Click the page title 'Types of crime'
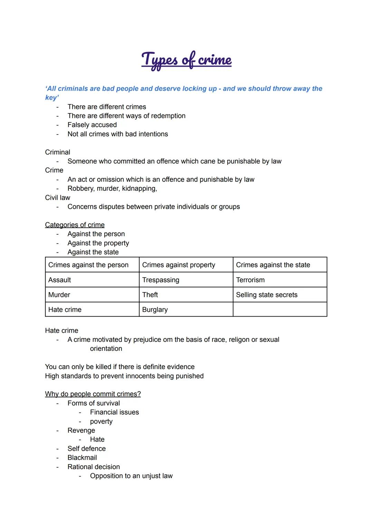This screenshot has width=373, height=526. coord(186,60)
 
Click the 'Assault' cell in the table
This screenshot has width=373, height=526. coord(60,280)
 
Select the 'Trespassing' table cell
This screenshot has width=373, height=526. coord(161,280)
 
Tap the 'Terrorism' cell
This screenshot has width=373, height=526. coord(250,280)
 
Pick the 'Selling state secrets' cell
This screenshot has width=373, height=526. coord(266,295)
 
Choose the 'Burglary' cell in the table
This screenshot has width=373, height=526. coord(155,309)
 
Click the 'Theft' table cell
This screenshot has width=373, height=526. coord(150,295)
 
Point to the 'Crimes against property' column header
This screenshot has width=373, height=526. coord(179,265)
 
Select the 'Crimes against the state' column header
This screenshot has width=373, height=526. coord(273,265)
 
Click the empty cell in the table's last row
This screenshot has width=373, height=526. coord(280,309)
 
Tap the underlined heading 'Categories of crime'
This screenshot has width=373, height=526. coord(75,225)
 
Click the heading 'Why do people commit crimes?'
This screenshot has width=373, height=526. coord(93,394)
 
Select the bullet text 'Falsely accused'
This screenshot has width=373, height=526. coord(92,125)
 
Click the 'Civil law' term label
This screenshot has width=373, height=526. coord(58,198)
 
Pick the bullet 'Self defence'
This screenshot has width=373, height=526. coord(87,448)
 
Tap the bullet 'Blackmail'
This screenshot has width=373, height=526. coord(82,457)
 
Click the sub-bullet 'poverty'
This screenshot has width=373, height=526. coord(101,421)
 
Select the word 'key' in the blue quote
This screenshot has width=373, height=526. coord(52,98)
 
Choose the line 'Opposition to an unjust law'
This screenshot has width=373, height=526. coord(131,476)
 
